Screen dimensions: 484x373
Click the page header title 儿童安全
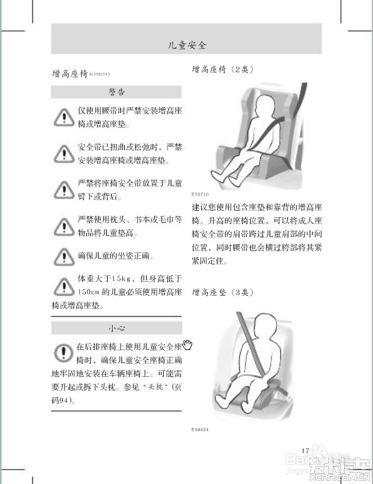[x=186, y=45]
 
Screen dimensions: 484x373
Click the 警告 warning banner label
[x=117, y=92]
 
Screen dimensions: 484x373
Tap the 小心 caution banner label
[x=117, y=328]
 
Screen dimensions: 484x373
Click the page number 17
[x=306, y=450]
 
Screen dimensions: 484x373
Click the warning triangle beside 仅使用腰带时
[x=63, y=116]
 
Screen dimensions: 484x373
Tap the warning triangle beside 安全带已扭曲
[x=63, y=152]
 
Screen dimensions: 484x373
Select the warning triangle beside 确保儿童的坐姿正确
[x=63, y=256]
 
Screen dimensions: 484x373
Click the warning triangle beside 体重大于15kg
[x=63, y=286]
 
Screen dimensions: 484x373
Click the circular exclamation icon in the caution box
[x=63, y=353]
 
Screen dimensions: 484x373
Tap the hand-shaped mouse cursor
[x=187, y=344]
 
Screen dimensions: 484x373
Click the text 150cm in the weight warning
[x=88, y=292]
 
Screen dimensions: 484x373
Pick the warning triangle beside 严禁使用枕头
[x=63, y=226]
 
